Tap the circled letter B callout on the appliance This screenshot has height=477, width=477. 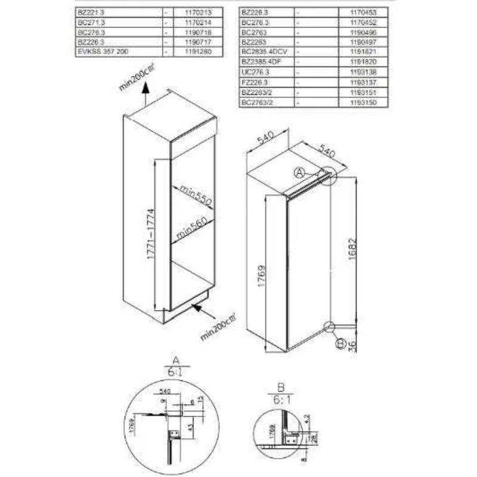pyautogui.click(x=340, y=343)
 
